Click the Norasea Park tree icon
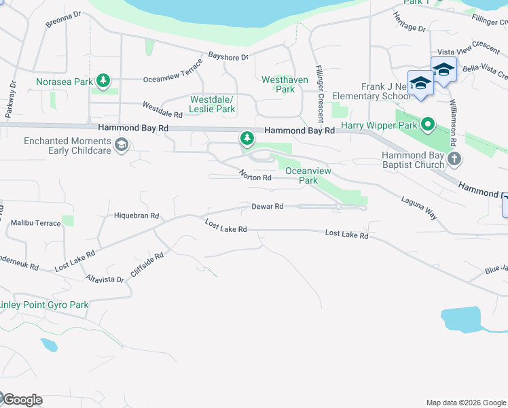pos(103,82)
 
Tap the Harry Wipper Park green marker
pos(427,125)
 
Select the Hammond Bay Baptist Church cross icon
pos(454,160)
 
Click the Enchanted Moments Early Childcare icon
pos(122,145)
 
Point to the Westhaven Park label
pos(285,84)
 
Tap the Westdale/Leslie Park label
pos(213,103)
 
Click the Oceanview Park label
pos(302,175)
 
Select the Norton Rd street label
pos(255,176)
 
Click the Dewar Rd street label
pos(267,206)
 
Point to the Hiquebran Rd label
pos(137,216)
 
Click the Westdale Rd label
pos(162,109)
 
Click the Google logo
pos(22,400)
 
